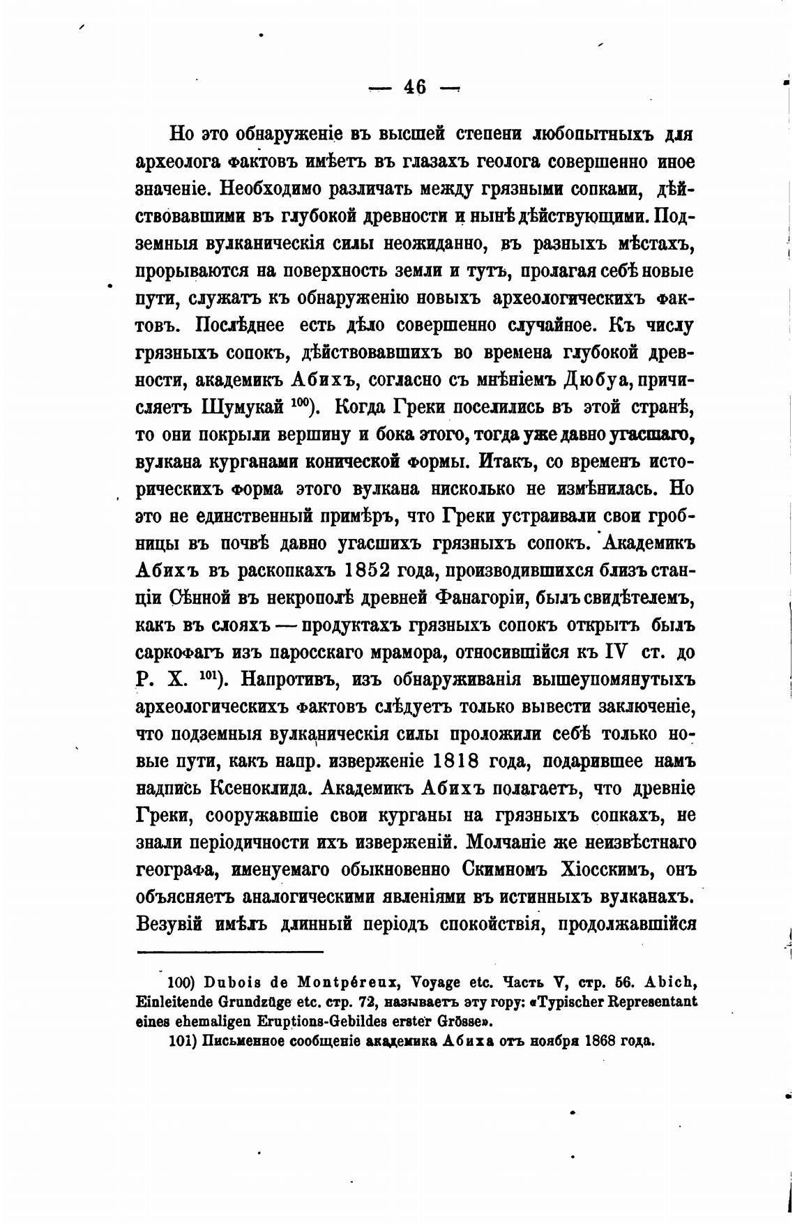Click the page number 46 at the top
[414, 88]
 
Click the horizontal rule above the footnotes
[230, 951]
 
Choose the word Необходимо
[259, 190]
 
